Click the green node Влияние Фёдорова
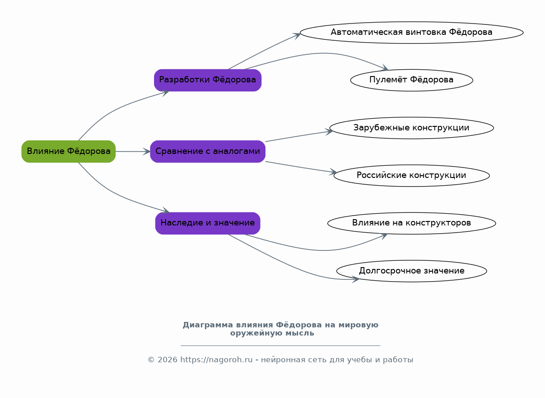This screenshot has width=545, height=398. coord(68,152)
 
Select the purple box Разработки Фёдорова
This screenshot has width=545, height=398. coord(207,80)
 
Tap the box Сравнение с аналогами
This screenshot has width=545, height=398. coord(207,152)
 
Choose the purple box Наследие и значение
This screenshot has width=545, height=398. coord(207,223)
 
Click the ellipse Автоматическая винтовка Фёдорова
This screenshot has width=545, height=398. coord(411,33)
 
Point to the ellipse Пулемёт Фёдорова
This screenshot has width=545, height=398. coord(411,80)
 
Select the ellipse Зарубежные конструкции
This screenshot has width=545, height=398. coord(411,128)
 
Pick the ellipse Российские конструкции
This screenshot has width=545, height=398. coord(411,176)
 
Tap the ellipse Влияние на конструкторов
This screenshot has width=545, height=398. coord(411,223)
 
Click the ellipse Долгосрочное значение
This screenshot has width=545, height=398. coord(411,271)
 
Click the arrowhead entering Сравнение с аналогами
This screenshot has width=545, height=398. coord(147,152)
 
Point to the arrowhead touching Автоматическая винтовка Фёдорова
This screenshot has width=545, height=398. coord(297,36)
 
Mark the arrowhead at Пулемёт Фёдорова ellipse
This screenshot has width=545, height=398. coord(385,68)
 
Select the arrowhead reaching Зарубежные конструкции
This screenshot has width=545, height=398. coord(329,132)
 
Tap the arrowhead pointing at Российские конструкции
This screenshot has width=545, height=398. coord(333,172)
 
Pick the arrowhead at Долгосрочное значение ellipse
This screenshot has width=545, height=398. coord(356,279)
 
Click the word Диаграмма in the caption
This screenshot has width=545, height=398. coord(208,325)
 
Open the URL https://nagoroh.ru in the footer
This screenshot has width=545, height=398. coord(216,360)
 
